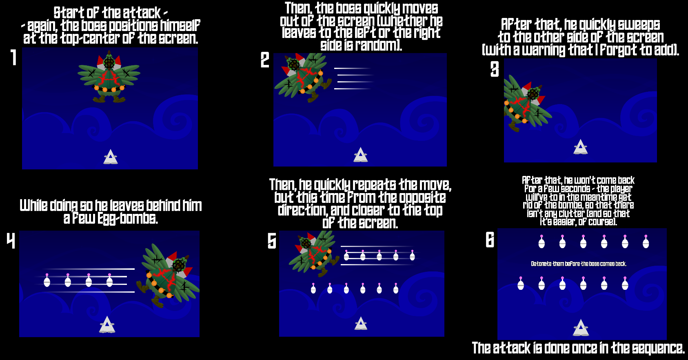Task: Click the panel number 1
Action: click(13, 58)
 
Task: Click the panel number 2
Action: click(265, 60)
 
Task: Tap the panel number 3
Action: click(495, 69)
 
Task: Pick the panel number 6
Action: click(490, 240)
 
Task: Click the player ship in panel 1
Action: click(111, 157)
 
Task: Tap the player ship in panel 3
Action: click(581, 147)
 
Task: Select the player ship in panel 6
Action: click(581, 327)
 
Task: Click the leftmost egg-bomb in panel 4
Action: click(47, 280)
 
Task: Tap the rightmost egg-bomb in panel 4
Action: click(109, 280)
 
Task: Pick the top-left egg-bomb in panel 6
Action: click(542, 242)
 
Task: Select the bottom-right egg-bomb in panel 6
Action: click(625, 283)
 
